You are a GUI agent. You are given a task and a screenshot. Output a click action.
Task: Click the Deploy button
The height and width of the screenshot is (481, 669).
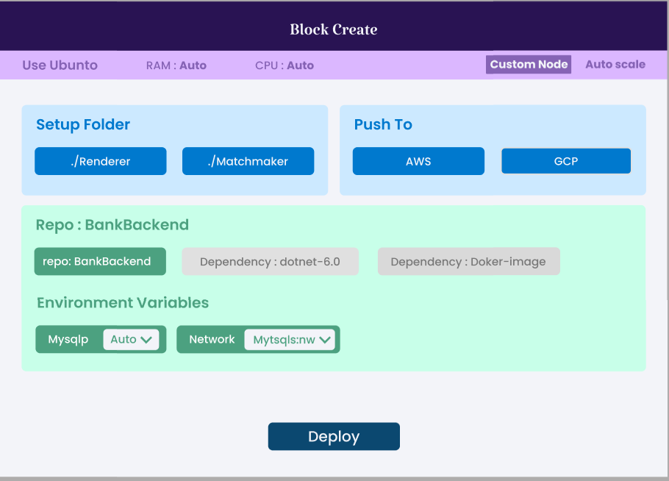(333, 436)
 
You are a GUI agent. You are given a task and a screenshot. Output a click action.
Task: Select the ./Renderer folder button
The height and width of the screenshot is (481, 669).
(101, 161)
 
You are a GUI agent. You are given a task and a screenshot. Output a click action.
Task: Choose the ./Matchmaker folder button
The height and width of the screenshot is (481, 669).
(248, 161)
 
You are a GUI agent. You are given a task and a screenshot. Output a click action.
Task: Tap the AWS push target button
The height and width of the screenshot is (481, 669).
(418, 161)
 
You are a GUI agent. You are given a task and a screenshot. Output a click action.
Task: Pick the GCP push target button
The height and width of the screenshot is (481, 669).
(565, 161)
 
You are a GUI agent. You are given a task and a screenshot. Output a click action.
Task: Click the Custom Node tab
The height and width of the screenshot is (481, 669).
(529, 65)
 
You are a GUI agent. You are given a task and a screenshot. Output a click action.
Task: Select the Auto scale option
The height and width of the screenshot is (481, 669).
(615, 65)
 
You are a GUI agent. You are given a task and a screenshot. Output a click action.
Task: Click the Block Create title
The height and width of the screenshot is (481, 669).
(333, 29)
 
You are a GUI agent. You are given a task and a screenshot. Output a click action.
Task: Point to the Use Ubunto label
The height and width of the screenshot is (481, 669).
(60, 65)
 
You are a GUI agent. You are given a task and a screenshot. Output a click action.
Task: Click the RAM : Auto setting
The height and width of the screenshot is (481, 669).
(176, 65)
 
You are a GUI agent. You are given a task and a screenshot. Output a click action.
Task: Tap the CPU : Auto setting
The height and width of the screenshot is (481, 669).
(284, 65)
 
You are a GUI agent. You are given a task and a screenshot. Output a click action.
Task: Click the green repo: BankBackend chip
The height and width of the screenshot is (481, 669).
(100, 261)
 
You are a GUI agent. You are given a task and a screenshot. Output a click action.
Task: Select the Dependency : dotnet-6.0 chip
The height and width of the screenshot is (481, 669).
(270, 262)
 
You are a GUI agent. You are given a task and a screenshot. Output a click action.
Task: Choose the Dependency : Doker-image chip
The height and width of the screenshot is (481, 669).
(468, 262)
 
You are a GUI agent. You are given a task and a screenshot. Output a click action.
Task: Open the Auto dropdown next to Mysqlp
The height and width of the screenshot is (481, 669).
(131, 339)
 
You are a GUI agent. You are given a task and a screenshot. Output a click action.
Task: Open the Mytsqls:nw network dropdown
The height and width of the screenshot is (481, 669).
(290, 339)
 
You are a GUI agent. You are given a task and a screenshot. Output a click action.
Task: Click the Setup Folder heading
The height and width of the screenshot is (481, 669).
(83, 125)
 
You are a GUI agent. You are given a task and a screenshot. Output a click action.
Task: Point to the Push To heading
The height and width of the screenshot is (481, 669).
(383, 125)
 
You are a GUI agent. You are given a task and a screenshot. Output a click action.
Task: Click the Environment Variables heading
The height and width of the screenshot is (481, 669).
(123, 303)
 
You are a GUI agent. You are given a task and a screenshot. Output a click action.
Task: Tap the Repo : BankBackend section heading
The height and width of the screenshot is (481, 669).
(112, 225)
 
